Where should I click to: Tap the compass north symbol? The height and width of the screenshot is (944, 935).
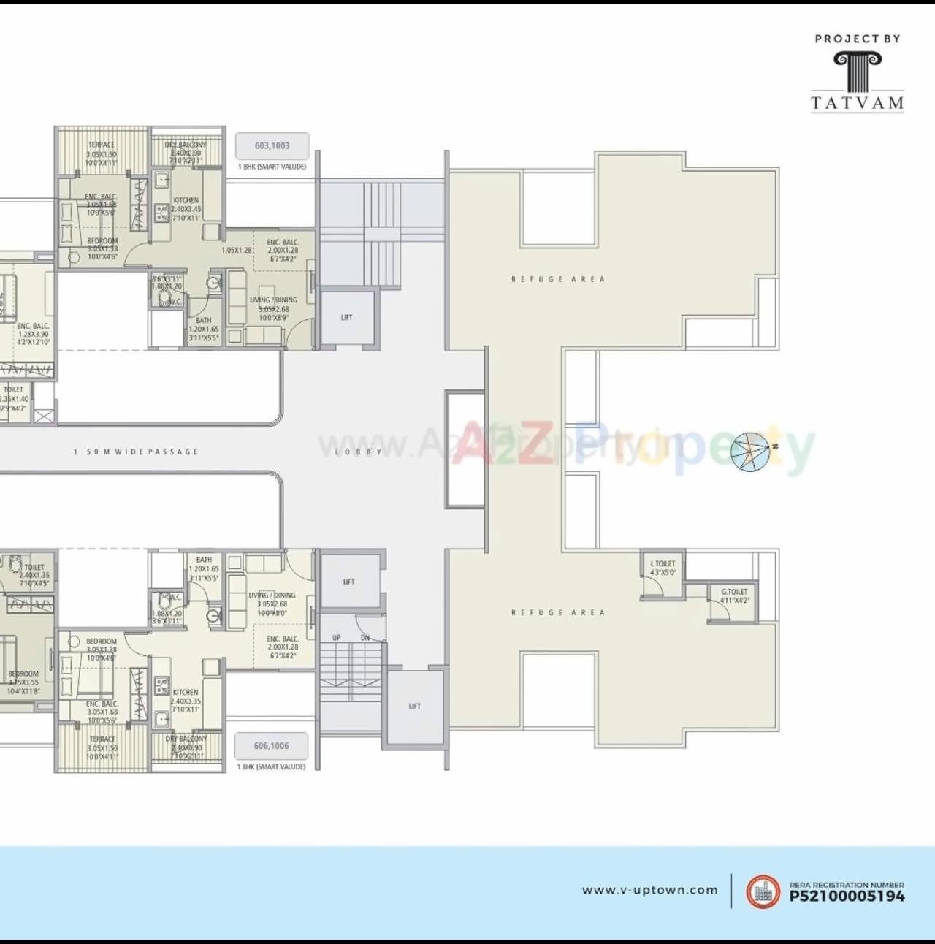[751, 451]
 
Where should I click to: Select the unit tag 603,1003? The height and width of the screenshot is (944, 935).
[272, 146]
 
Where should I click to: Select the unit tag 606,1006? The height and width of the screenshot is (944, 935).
[271, 746]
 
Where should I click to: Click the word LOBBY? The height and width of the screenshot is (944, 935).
[359, 452]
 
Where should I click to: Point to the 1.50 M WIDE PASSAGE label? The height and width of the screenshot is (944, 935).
[136, 452]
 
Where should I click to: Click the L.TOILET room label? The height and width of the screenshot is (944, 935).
[663, 564]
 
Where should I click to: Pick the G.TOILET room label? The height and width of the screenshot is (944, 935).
[734, 593]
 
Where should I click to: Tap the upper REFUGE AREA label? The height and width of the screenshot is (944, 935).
[558, 279]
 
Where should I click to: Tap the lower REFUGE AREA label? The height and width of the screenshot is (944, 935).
[558, 613]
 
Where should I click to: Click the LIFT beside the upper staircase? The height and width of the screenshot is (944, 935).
[347, 318]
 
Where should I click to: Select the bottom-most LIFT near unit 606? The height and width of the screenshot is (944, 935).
[414, 707]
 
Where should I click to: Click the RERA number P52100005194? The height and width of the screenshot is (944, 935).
[847, 897]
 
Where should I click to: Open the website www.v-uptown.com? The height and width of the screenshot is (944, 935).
[649, 890]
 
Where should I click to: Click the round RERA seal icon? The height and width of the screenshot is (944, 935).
[763, 891]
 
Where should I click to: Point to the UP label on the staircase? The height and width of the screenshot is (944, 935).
[337, 638]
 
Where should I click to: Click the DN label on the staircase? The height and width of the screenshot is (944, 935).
[365, 638]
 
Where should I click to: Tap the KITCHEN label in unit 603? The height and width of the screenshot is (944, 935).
[186, 200]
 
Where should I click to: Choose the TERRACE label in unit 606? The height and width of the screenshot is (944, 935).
[102, 739]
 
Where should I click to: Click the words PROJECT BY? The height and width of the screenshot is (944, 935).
[858, 39]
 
